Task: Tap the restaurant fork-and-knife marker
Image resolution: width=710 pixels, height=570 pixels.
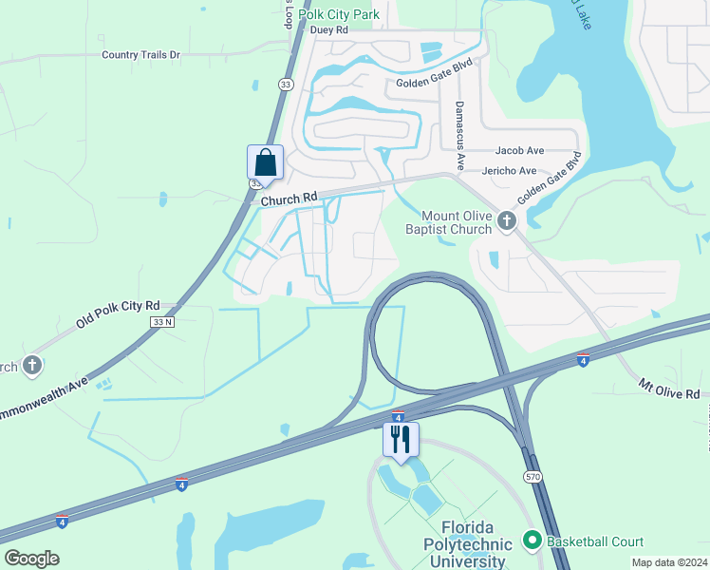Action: [x=400, y=439]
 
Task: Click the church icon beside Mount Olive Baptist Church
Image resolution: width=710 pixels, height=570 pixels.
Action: [x=506, y=222]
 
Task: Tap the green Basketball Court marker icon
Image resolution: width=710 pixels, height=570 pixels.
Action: [x=531, y=541]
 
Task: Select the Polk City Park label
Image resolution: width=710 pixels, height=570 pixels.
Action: [x=339, y=14]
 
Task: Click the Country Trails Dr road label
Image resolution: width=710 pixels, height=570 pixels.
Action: [x=140, y=55]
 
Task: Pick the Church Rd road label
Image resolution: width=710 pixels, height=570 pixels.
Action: [x=289, y=199]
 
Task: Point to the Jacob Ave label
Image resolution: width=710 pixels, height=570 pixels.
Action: [x=519, y=150]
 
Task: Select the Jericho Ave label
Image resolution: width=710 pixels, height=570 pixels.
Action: [x=510, y=171]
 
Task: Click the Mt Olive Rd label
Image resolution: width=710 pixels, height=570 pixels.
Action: [x=668, y=389]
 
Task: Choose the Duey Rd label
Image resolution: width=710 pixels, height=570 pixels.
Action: [x=329, y=29]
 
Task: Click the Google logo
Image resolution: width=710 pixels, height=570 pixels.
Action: [x=32, y=559]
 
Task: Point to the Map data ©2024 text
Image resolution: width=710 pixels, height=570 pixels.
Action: [x=669, y=562]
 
